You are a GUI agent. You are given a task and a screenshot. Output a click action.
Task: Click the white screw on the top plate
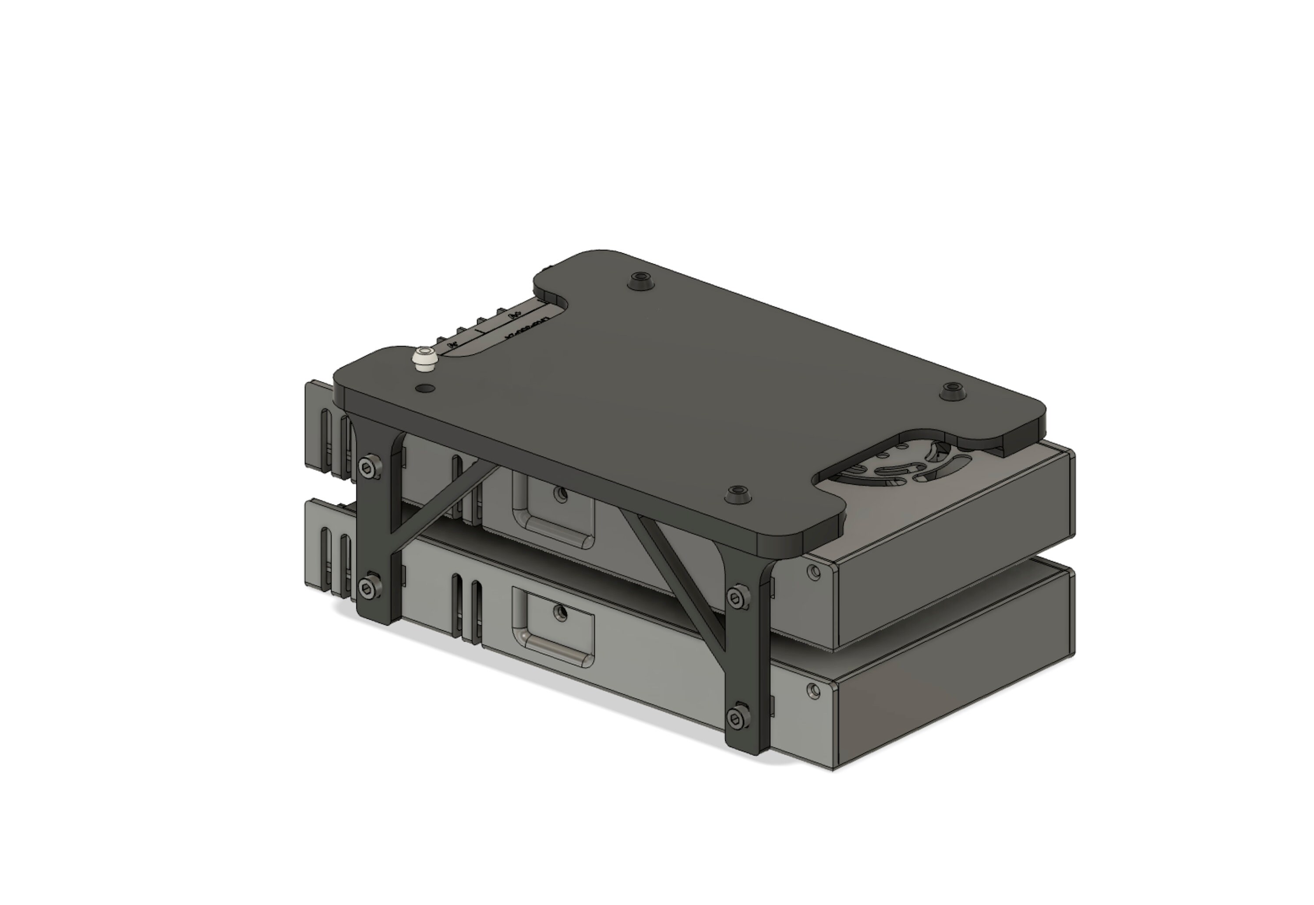pos(425,360)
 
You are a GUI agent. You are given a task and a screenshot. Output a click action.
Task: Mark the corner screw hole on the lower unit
pos(814,690)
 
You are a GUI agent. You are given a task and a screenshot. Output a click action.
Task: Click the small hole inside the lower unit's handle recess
pos(562,613)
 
